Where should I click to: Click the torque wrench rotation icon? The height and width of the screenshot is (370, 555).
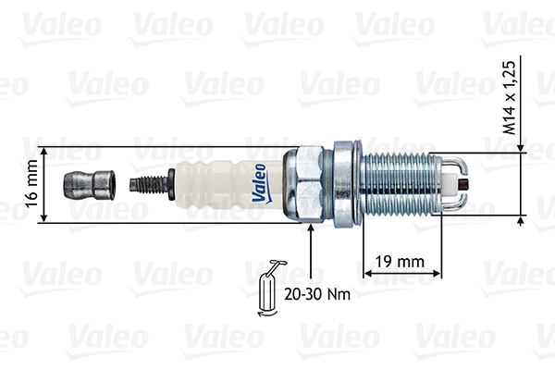(x=269, y=289)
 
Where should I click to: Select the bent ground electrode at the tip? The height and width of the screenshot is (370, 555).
(x=461, y=180)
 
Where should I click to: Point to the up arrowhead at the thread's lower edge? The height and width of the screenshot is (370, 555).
(x=523, y=219)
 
